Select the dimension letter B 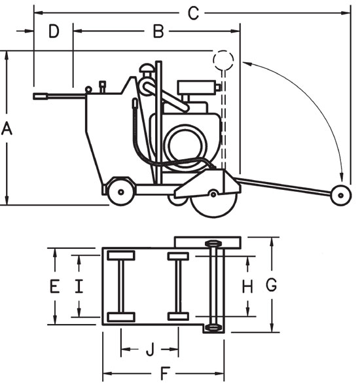point(158,30)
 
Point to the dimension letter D point(54,30)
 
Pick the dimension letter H point(247,285)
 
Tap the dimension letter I point(79,285)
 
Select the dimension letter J point(149,349)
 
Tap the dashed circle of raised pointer point(223,61)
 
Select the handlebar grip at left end point(42,96)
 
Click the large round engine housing point(185,139)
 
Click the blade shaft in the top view point(213,285)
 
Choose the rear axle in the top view point(120,286)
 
